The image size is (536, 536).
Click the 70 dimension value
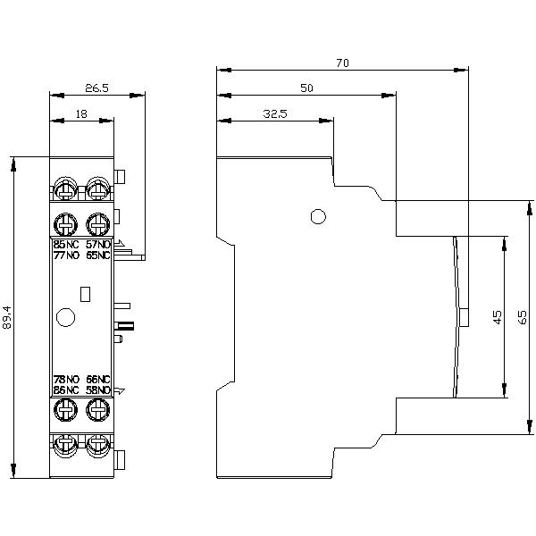click(x=342, y=63)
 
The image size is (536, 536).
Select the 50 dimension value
click(x=306, y=88)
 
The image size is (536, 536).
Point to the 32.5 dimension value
click(x=274, y=113)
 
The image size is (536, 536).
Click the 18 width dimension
click(x=81, y=113)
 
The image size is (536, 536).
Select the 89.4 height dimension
click(x=8, y=318)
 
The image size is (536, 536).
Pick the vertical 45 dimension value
click(x=497, y=316)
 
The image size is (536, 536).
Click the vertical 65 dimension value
click(x=523, y=316)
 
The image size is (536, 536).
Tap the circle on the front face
click(x=64, y=316)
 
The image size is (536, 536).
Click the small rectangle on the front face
click(x=86, y=292)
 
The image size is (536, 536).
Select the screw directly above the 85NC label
click(x=66, y=222)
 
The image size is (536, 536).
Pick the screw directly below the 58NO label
click(x=97, y=411)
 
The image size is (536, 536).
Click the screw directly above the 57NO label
click(x=97, y=222)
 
